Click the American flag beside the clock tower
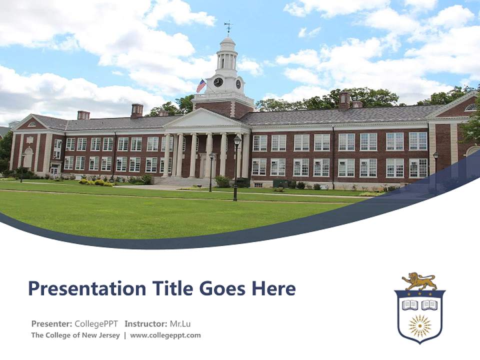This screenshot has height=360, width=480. point(201,85)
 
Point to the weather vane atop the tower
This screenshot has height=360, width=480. point(228,26)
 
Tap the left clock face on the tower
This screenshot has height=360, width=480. point(218,82)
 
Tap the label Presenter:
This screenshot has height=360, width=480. point(51,323)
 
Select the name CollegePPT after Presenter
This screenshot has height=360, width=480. point(96,323)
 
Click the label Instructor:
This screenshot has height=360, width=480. point(145,323)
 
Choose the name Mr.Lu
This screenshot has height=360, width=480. point(180,323)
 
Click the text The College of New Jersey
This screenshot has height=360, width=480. point(75,335)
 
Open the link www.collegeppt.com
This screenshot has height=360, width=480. point(165,335)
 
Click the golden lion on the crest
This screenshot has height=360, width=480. point(419,281)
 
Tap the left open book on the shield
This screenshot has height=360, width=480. point(410,304)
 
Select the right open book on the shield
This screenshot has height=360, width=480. point(429,304)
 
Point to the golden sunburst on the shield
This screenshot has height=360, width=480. point(419,326)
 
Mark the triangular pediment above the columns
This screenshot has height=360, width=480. point(206,119)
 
